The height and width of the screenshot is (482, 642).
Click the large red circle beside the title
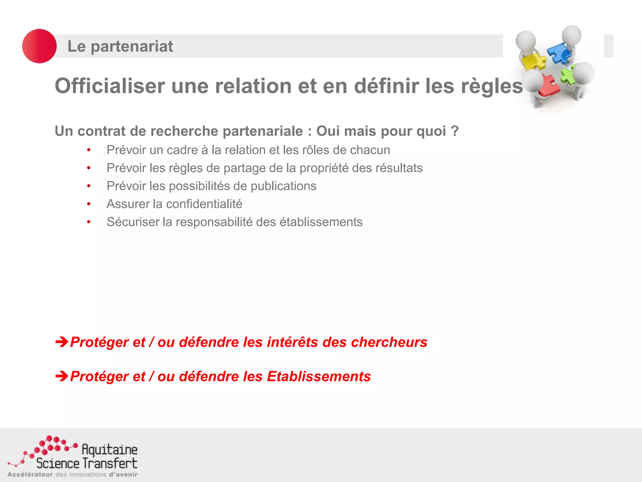39,46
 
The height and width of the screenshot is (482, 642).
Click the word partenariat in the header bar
132,46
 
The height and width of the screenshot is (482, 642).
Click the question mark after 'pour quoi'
455,131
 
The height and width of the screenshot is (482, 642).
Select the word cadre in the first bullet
182,150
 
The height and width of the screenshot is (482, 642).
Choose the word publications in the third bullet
283,186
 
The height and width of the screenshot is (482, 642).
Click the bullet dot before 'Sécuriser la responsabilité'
89,222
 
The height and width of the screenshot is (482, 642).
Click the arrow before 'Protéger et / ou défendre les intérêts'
62,342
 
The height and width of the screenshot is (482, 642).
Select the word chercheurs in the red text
389,342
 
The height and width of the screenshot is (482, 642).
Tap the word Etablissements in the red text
319,376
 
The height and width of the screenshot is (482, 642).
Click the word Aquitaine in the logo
109,449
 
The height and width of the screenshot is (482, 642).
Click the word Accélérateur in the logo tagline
30,474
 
